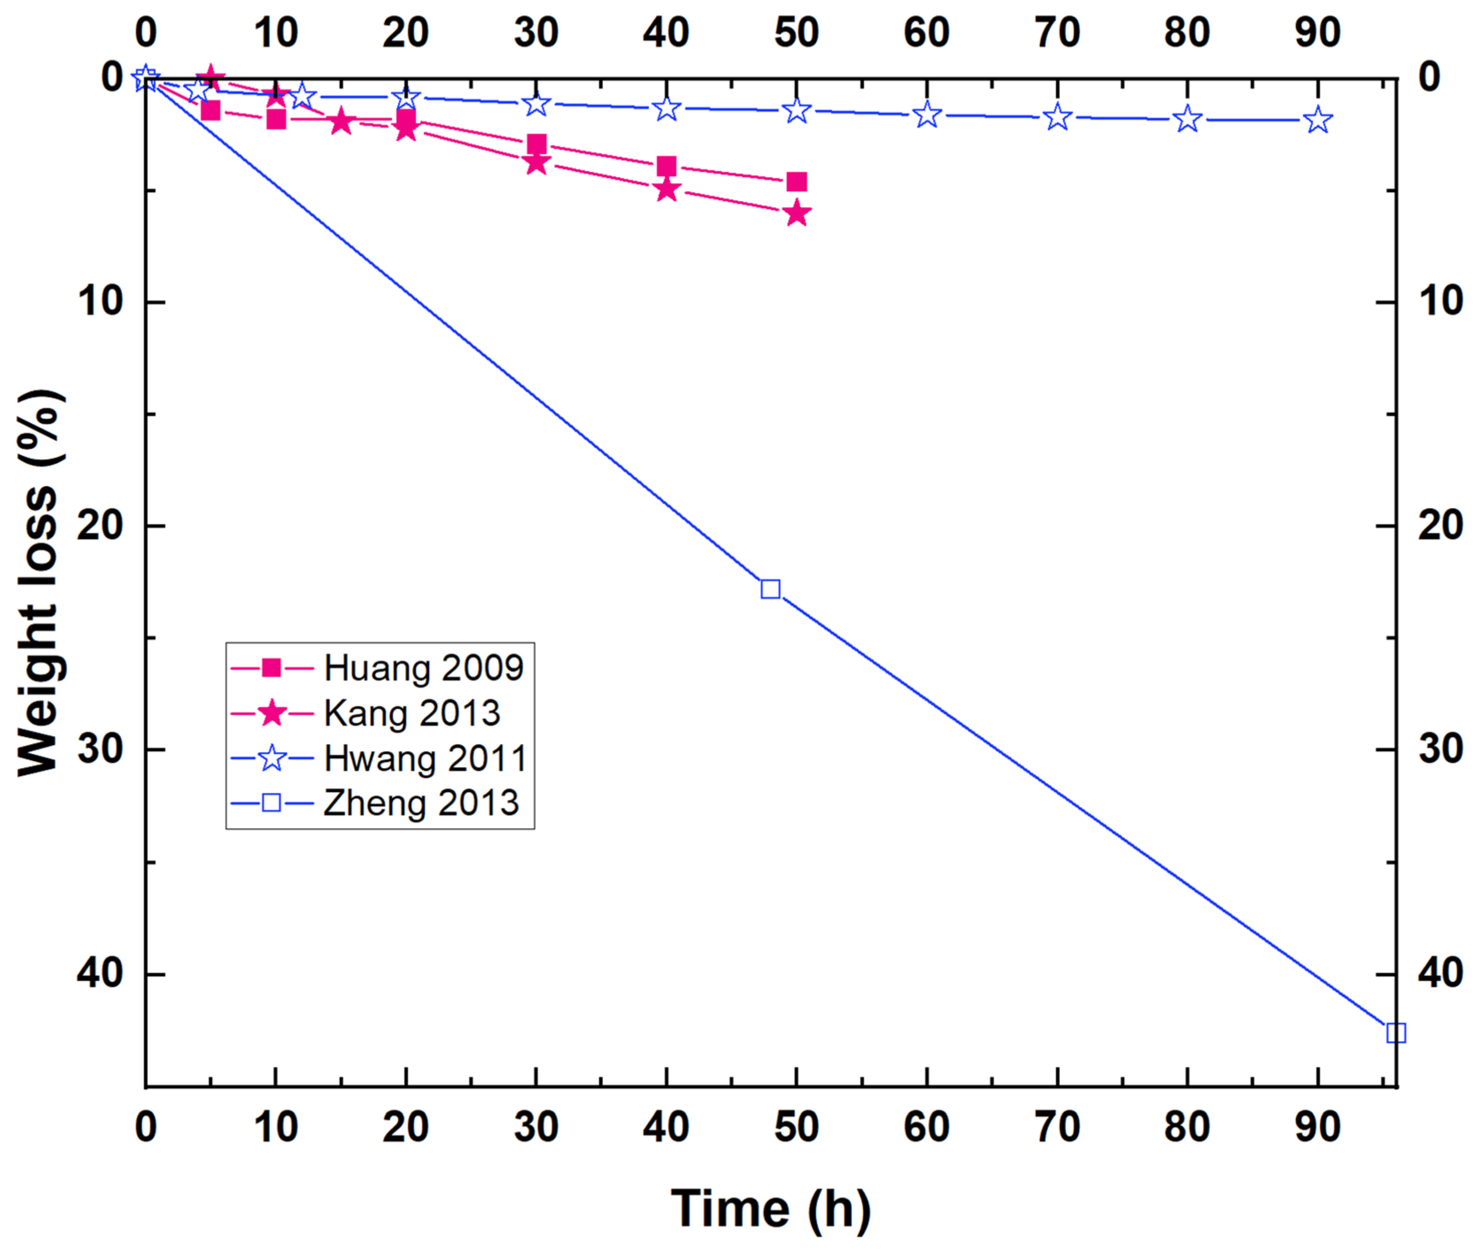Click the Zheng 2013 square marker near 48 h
(x=770, y=589)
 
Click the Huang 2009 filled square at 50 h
(x=796, y=182)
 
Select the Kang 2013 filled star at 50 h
(x=796, y=213)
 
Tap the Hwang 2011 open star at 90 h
(x=1317, y=120)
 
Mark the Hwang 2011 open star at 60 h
(x=927, y=114)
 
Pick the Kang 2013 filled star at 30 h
(x=537, y=163)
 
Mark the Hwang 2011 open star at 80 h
(x=1188, y=119)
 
